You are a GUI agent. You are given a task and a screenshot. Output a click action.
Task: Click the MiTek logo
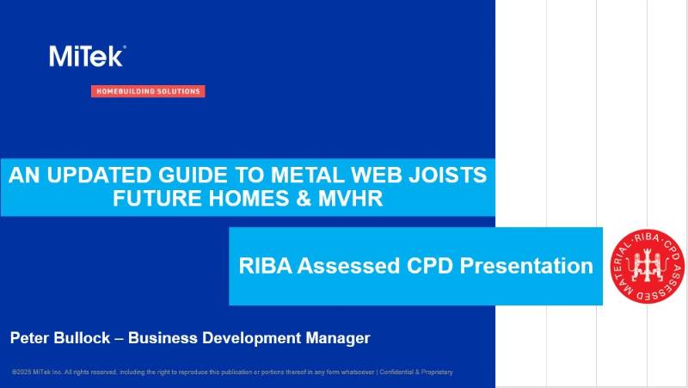click(87, 56)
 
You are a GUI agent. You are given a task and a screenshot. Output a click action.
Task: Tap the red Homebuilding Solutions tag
click(148, 91)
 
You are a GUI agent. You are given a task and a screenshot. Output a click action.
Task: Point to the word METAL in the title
click(294, 176)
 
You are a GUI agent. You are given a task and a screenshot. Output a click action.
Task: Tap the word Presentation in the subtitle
click(525, 266)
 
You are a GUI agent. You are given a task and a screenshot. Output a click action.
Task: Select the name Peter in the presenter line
click(32, 338)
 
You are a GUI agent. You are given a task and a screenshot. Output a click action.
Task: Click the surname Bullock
click(90, 338)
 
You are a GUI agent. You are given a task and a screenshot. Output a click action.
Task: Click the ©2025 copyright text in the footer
click(24, 372)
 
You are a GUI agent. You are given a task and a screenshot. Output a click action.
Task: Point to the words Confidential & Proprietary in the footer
click(416, 372)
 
